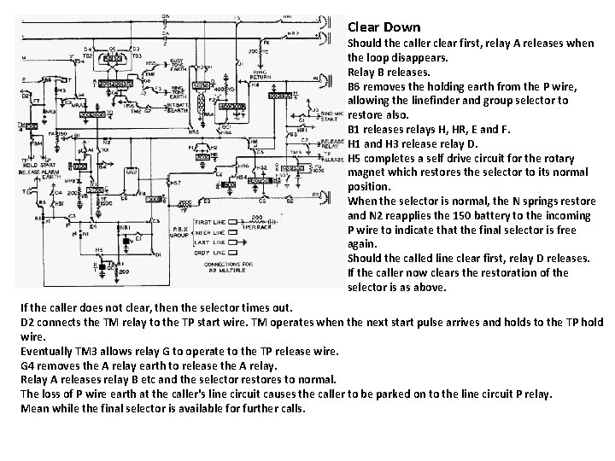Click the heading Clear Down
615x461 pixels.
(384, 27)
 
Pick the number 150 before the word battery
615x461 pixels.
(463, 216)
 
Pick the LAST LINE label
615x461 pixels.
(208, 241)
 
